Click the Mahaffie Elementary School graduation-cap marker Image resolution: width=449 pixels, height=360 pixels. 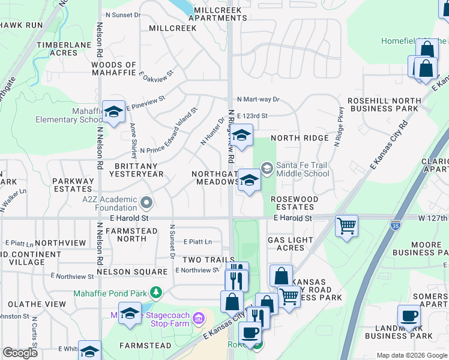pos(113,112)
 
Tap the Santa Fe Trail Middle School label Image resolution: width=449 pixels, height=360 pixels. pos(303,169)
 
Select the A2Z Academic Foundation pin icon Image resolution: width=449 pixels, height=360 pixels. pos(145,201)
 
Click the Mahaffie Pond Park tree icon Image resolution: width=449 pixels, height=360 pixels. pos(156,292)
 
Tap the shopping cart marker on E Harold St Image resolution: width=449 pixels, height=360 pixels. pos(346,226)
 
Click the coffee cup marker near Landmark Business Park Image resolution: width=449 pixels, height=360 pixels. pos(409,316)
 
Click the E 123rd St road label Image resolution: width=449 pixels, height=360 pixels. pos(252,116)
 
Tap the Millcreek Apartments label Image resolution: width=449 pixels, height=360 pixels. pos(217,14)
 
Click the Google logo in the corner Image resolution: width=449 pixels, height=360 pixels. pos(20,353)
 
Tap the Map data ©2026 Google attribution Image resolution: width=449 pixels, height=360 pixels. pos(412,355)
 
